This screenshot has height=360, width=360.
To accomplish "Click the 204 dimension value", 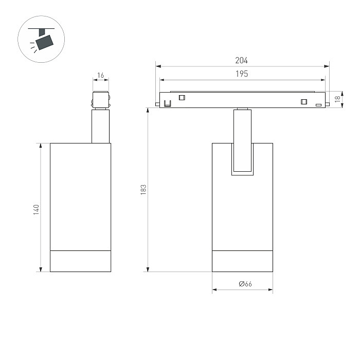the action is point(241,60).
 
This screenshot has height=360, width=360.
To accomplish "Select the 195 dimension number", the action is point(242,74).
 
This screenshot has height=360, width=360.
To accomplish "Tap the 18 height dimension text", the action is point(337,99).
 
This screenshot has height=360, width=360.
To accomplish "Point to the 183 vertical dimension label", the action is point(143,190).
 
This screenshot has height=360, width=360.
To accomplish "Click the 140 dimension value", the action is point(36,210).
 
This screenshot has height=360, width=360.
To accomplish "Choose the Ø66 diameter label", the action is point(245,284).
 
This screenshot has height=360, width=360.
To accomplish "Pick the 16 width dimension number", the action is point(101,75).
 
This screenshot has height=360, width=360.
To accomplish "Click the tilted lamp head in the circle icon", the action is point(45,42).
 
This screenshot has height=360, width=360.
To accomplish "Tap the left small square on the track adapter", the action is point(182,98).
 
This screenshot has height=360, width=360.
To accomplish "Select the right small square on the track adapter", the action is point(304,101).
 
